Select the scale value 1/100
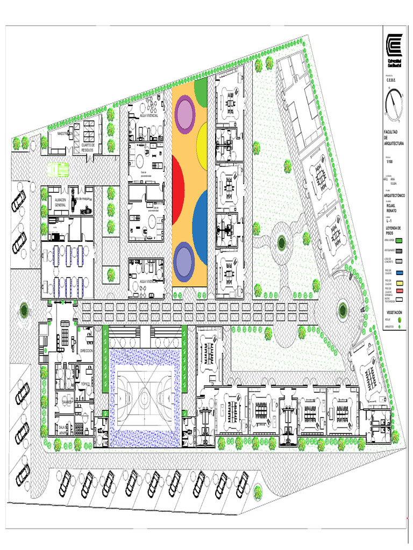tap(389, 162)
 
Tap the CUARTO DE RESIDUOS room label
tap(88, 147)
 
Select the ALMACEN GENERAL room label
tap(60, 202)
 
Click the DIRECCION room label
tap(87, 350)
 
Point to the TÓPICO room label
tap(82, 385)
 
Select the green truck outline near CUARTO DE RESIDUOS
tap(58, 170)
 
